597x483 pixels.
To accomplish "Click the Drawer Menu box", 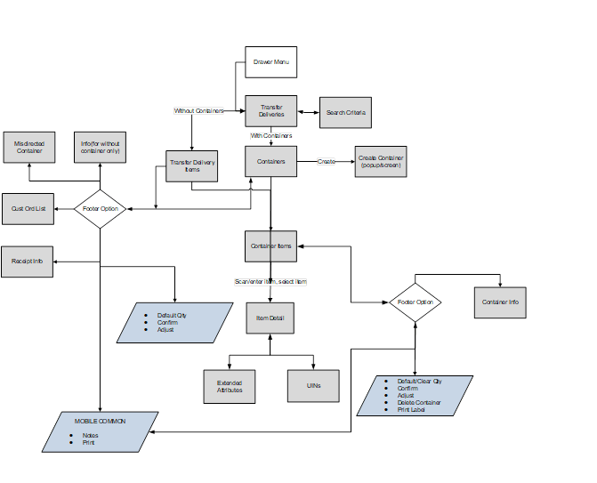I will (x=270, y=62).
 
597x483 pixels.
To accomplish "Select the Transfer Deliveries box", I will (x=270, y=111).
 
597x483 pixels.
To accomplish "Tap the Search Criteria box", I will (x=346, y=113).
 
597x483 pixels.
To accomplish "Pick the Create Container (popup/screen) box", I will (x=381, y=161).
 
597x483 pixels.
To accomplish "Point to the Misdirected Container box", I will (x=28, y=147).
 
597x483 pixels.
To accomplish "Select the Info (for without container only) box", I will (x=100, y=147).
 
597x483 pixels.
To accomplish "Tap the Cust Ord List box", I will (x=28, y=208).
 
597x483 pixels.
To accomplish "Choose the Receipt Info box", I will (x=28, y=262).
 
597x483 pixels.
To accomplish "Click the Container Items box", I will (x=270, y=246).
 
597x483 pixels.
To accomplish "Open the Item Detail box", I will (x=270, y=318).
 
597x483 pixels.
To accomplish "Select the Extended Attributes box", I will (x=230, y=386).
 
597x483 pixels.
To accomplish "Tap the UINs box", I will (x=312, y=386).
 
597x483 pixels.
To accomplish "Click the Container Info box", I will (x=501, y=302).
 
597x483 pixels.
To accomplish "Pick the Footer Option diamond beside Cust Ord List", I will (x=100, y=209).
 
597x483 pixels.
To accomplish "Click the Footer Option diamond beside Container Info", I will (x=415, y=302).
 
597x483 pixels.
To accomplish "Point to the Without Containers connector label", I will (x=198, y=111).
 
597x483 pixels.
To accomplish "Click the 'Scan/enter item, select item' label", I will (x=270, y=281).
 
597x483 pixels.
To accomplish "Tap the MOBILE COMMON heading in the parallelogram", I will (x=100, y=421).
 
